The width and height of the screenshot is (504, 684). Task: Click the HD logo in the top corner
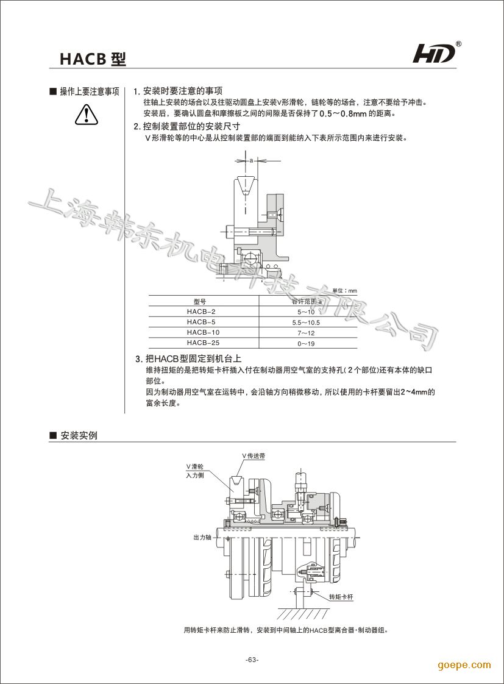click(435, 54)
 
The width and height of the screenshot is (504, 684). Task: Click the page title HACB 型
click(93, 59)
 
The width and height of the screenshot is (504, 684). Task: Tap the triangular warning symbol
click(87, 114)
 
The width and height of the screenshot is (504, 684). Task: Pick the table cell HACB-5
click(201, 322)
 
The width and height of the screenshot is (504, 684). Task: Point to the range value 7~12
click(306, 333)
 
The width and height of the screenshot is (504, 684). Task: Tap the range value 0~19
click(306, 344)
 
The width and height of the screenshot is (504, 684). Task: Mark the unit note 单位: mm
click(344, 291)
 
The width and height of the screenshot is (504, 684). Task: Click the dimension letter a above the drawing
click(251, 160)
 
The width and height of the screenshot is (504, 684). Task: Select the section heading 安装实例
click(79, 436)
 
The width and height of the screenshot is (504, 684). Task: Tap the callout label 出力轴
click(202, 538)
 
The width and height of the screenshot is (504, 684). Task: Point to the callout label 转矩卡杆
click(340, 597)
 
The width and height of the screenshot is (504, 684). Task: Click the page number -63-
click(252, 660)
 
